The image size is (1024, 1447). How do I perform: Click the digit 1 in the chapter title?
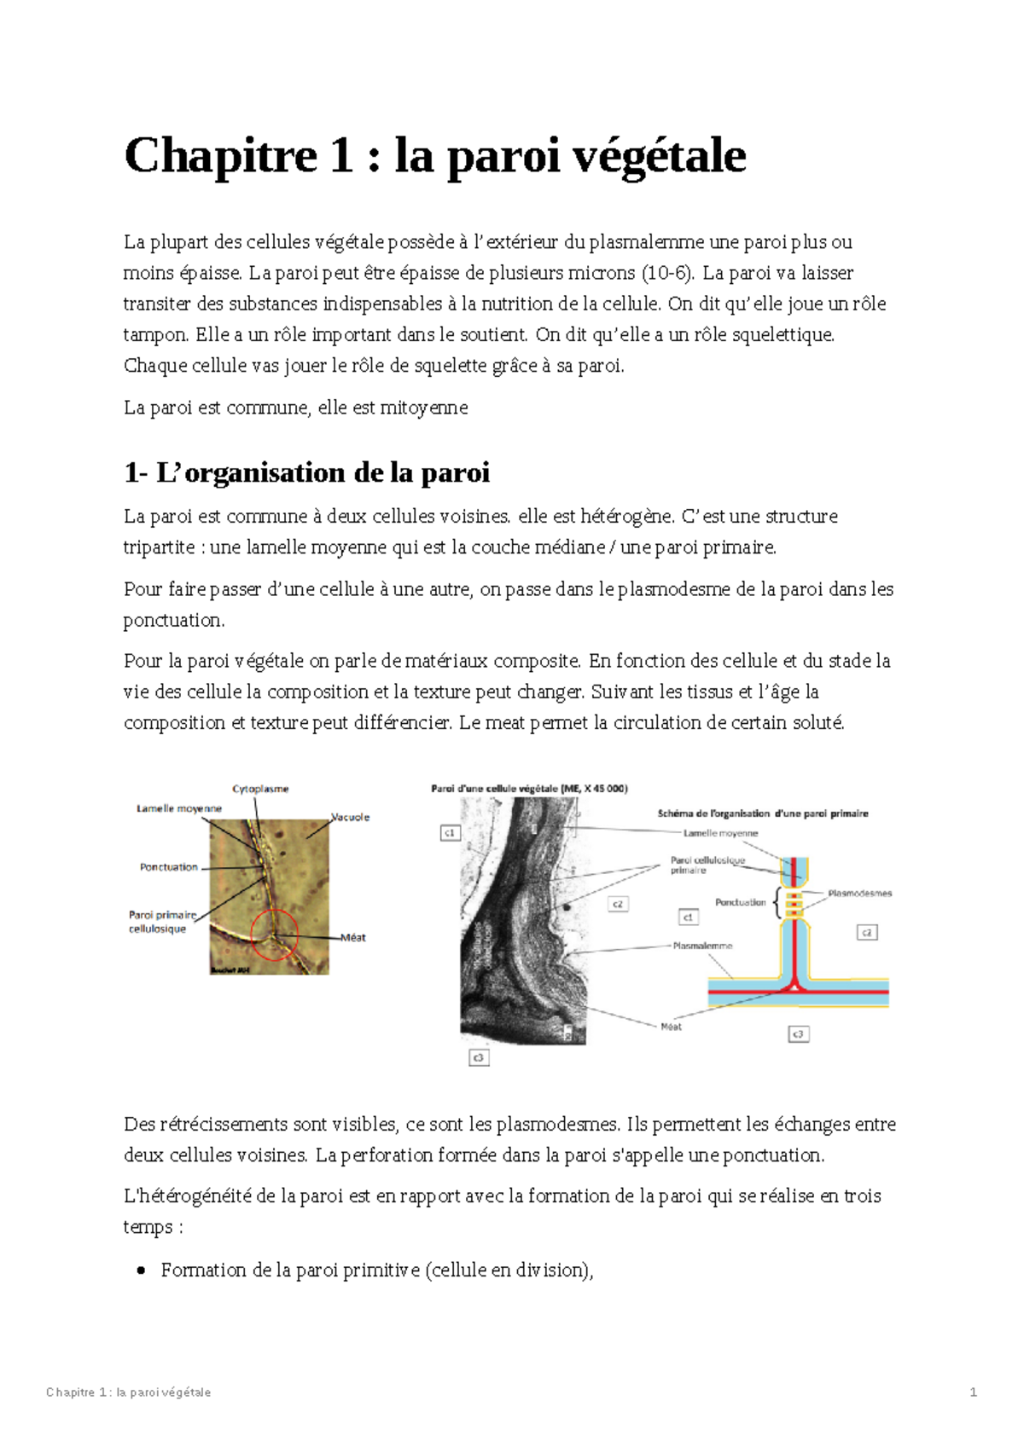pos(340,156)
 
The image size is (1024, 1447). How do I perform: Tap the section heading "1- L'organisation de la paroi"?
pos(306,472)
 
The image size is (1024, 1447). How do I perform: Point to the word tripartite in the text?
pos(159,547)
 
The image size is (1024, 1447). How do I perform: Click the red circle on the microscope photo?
pos(274,935)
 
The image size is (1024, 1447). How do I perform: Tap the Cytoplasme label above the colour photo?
pos(260,789)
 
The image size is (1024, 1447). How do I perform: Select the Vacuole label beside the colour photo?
pos(351,817)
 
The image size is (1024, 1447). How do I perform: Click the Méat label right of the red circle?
pos(353,937)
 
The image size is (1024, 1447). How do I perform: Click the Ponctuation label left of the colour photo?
pos(168,867)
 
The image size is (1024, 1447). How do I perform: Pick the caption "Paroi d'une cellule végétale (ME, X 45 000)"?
pos(529,789)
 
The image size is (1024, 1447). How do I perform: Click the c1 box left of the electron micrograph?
pos(450,832)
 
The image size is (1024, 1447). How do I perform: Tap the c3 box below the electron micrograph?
pos(479,1057)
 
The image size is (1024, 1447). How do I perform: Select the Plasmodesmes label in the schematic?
pos(859,894)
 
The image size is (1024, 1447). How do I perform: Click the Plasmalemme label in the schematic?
pos(701,946)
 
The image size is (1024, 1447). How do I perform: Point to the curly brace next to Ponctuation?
pos(776,903)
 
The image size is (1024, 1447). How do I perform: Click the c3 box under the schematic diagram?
pos(798,1033)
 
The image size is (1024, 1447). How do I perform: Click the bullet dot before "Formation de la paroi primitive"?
pos(142,1270)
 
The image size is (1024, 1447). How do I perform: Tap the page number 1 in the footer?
pos(973,1392)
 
